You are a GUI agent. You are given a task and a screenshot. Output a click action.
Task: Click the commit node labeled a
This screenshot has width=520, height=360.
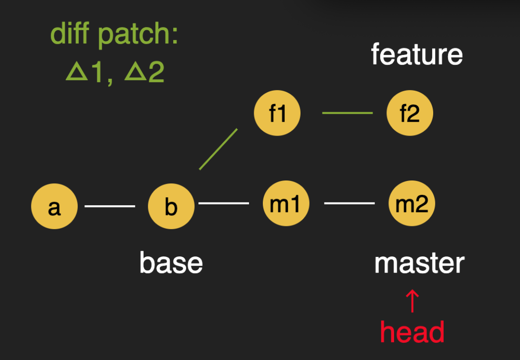(54, 206)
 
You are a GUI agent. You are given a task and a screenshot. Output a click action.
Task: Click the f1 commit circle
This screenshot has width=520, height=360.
(277, 113)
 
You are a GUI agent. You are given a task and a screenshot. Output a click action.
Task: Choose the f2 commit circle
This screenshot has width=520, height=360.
(410, 114)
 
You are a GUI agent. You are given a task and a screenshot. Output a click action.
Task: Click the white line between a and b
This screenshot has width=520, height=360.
(110, 206)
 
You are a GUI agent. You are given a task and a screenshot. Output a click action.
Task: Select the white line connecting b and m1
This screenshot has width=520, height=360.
(224, 203)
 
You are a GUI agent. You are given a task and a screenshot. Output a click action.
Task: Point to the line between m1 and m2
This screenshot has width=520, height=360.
(349, 203)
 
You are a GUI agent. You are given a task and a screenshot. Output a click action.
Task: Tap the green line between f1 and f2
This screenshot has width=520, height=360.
(347, 113)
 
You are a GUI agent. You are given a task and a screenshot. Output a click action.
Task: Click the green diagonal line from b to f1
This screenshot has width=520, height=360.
(218, 149)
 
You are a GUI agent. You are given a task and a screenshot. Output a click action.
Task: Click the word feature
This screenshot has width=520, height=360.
(416, 54)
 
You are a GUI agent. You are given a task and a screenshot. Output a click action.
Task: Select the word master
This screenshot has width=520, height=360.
(419, 263)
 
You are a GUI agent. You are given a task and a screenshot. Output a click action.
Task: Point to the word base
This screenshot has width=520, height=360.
(171, 263)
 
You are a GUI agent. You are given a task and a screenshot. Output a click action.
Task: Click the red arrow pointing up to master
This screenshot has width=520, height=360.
(412, 301)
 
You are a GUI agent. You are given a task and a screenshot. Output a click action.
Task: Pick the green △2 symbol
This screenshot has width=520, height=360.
(144, 72)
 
